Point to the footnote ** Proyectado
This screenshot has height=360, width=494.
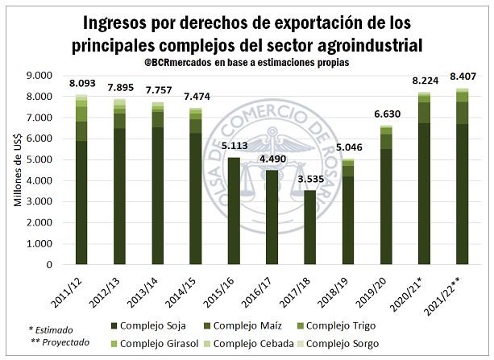click(60, 342)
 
